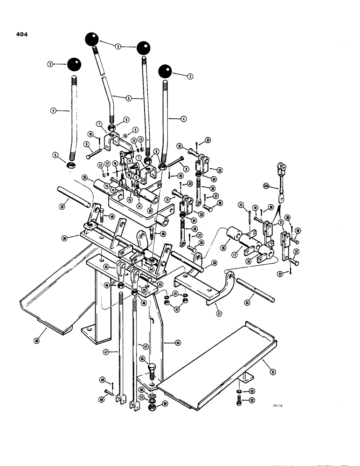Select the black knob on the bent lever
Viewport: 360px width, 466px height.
click(x=92, y=39)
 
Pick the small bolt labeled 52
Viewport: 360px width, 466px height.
click(x=238, y=400)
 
